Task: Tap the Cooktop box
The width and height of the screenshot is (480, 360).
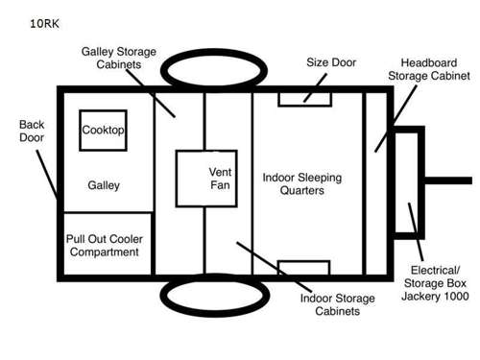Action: point(103,131)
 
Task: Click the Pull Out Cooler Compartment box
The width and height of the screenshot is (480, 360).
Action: point(103,245)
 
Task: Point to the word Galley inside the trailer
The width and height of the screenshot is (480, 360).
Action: point(103,184)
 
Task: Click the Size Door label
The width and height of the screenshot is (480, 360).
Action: point(331,62)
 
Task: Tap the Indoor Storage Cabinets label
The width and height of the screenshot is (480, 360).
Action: point(329,304)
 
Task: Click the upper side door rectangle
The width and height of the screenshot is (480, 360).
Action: point(304,98)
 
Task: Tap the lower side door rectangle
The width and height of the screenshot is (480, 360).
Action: point(304,267)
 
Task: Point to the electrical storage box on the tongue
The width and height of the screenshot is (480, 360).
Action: point(409,181)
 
